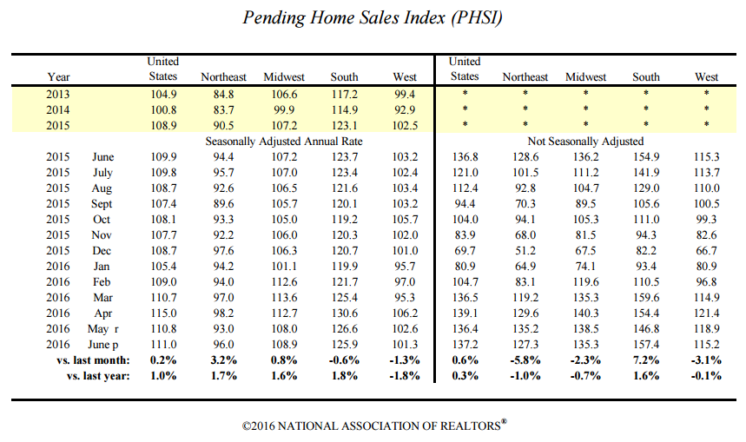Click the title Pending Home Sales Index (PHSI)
click(373, 18)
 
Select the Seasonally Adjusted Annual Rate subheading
click(284, 142)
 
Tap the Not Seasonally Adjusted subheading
click(585, 142)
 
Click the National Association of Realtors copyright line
click(374, 425)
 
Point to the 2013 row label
click(57, 94)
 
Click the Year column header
click(58, 77)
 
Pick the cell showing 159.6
click(646, 297)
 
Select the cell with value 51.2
click(525, 251)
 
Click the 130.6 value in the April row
click(344, 313)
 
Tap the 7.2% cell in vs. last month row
click(646, 360)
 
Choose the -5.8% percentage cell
click(525, 360)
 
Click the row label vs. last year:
click(98, 376)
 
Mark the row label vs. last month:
click(93, 360)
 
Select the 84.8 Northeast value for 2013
click(223, 94)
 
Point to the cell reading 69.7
click(465, 251)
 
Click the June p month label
click(102, 345)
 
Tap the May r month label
click(102, 329)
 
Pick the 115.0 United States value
click(163, 313)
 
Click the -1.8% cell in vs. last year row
click(405, 376)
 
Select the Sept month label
click(102, 204)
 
